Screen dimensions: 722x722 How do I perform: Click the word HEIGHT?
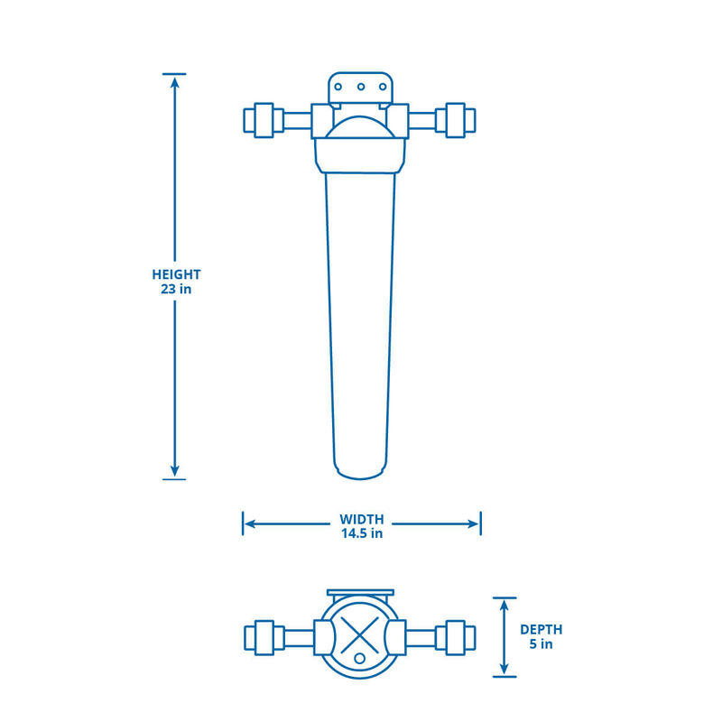coord(176,274)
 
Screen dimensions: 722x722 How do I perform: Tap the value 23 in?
coord(176,290)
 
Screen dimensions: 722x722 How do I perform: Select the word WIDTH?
coord(361,519)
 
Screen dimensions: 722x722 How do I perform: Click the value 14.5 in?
coord(361,533)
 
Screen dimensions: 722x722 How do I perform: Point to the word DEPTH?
coord(541,629)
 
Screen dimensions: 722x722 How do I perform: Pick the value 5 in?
coord(541,644)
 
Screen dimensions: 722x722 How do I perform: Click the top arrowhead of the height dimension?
coord(174,82)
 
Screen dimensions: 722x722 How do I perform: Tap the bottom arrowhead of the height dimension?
coord(174,470)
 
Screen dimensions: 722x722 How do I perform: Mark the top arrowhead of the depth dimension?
coord(504,606)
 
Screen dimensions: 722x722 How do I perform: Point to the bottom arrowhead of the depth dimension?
coord(504,669)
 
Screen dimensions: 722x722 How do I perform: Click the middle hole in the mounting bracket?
coord(361,88)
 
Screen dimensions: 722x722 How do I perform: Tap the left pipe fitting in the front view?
coord(261,121)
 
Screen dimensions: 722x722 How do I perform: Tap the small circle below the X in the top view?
coord(361,659)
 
